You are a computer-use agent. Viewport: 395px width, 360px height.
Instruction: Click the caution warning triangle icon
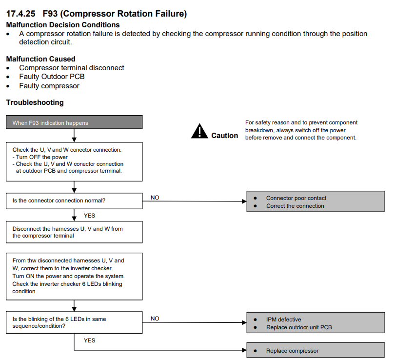pos(199,131)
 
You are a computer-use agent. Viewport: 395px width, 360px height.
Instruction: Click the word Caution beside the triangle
pos(224,136)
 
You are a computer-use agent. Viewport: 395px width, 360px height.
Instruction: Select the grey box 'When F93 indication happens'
pos(74,122)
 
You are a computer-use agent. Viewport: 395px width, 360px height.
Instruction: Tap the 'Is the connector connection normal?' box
pos(74,201)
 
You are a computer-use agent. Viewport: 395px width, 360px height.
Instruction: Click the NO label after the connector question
pos(155,198)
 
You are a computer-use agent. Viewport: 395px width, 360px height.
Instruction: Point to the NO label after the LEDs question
pos(155,319)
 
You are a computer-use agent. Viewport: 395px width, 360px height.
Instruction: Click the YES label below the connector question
pos(89,216)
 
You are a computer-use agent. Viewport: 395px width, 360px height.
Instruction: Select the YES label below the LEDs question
pos(89,340)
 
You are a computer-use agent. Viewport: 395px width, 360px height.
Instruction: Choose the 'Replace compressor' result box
pos(316,350)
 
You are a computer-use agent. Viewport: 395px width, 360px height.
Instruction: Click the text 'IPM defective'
pos(283,320)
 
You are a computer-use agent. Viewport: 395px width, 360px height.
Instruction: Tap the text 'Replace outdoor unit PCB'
pos(299,327)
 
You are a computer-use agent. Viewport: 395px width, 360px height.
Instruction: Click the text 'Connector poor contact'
pos(296,198)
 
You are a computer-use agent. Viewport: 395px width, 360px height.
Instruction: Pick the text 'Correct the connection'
pos(295,206)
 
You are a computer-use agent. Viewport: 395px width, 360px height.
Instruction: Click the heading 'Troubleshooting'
pos(35,102)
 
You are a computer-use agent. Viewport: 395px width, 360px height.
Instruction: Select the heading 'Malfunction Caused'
pos(41,59)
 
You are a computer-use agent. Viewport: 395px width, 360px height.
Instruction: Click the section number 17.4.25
pos(20,14)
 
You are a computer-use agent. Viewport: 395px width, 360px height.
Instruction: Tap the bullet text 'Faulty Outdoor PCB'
pos(52,77)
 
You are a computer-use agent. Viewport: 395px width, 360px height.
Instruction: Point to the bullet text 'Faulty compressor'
pos(49,86)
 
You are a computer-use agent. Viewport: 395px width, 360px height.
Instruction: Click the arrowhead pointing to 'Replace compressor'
pos(244,350)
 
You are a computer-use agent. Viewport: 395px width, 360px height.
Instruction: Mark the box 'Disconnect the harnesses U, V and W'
pos(74,232)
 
